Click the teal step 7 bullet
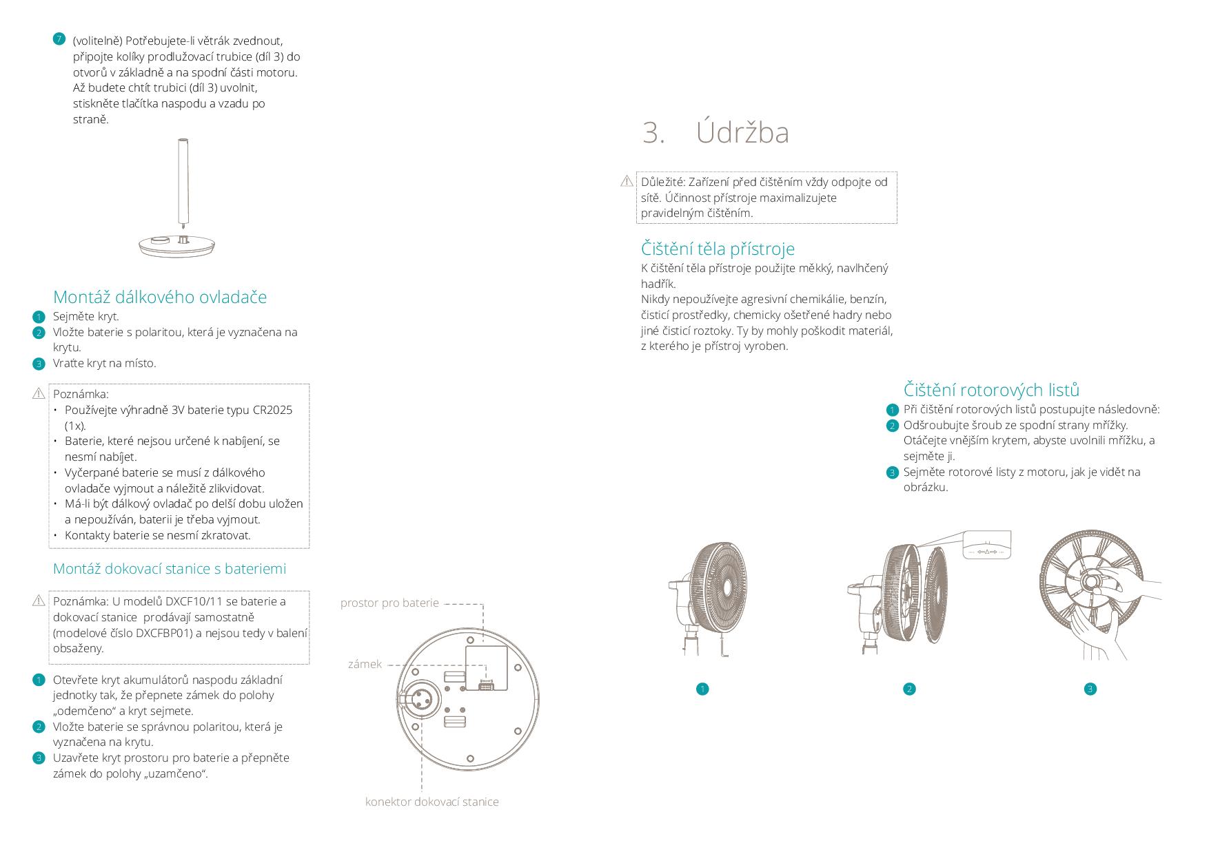[59, 39]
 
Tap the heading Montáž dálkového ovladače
[160, 297]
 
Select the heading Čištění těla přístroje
[718, 249]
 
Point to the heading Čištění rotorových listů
[991, 390]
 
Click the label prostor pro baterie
[389, 603]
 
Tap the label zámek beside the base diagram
[365, 665]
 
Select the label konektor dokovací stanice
[431, 802]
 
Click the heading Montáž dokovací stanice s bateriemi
[170, 569]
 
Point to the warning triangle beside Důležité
[627, 181]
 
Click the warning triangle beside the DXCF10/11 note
[39, 601]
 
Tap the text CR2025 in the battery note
[269, 410]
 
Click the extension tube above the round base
[183, 179]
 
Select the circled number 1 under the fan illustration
[702, 689]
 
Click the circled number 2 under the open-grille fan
[909, 689]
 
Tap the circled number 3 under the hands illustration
[1090, 689]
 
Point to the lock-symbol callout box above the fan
[987, 545]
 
